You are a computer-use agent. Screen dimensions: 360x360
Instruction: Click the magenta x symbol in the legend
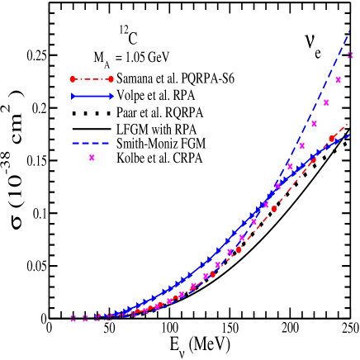click(x=92, y=158)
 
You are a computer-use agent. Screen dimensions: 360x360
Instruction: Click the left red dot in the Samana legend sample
click(x=73, y=79)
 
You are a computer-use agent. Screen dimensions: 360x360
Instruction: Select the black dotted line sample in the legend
click(x=92, y=111)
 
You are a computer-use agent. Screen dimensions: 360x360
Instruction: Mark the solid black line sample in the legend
click(x=92, y=126)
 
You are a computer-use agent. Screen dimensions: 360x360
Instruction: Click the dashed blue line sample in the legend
click(x=92, y=142)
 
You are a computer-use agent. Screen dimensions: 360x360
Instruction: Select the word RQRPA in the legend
click(x=182, y=111)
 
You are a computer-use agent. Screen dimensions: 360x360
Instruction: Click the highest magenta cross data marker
click(x=351, y=55)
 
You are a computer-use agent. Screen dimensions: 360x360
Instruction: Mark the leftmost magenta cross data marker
click(x=73, y=318)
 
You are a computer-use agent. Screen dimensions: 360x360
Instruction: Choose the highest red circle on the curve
click(x=332, y=139)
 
